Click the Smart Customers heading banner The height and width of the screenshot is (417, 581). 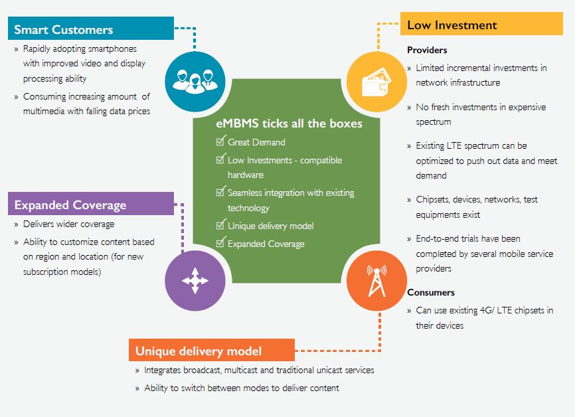pyautogui.click(x=91, y=29)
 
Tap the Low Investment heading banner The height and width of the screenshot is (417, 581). pyautogui.click(x=481, y=25)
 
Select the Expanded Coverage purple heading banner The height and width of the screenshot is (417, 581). pyautogui.click(x=91, y=205)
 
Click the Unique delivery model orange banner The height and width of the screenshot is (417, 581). pyautogui.click(x=211, y=351)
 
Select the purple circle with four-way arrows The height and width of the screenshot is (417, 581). pyautogui.click(x=195, y=281)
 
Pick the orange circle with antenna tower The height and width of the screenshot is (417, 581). pyautogui.click(x=376, y=281)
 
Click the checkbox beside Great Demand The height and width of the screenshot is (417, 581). pyautogui.click(x=221, y=142)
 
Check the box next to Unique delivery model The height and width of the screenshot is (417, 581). pyautogui.click(x=221, y=226)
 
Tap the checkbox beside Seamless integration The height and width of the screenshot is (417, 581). pyautogui.click(x=221, y=193)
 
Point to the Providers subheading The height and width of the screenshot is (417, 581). pyautogui.click(x=427, y=50)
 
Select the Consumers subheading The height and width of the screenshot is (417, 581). pyautogui.click(x=431, y=292)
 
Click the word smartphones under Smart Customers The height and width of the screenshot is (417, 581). pyautogui.click(x=112, y=48)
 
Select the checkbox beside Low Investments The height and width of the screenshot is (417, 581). pyautogui.click(x=221, y=160)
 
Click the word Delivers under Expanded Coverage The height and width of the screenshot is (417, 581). pyautogui.click(x=40, y=224)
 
